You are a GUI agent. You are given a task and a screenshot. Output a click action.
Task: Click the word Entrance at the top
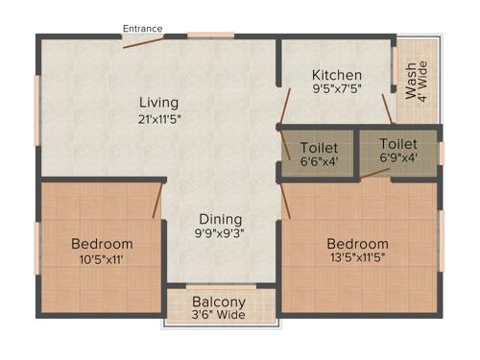(142, 29)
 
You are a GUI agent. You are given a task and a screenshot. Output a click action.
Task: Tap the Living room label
(158, 103)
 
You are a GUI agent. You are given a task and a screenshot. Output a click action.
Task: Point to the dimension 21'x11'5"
(158, 119)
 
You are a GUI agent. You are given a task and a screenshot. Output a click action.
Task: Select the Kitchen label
(336, 75)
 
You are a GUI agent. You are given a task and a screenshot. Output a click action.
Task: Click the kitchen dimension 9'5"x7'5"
(336, 90)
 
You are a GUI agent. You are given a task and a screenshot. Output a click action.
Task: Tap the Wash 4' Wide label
(418, 81)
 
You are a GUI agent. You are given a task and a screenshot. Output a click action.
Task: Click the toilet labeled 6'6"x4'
(318, 155)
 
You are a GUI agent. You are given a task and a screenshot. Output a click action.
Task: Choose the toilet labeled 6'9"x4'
(398, 152)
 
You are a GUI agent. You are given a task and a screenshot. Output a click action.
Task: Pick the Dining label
(221, 218)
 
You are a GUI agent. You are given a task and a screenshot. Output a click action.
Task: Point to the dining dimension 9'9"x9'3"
(221, 233)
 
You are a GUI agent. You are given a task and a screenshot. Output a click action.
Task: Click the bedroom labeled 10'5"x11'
(102, 251)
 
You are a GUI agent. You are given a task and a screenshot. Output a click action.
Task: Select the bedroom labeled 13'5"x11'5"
(357, 251)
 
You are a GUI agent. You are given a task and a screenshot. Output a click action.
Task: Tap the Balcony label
(220, 300)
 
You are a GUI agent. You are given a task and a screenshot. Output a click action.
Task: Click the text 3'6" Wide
(220, 314)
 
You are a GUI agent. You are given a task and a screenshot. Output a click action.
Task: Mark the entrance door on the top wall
(142, 37)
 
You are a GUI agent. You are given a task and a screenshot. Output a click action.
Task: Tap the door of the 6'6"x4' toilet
(285, 145)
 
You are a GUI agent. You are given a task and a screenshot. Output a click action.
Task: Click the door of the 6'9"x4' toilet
(388, 108)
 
